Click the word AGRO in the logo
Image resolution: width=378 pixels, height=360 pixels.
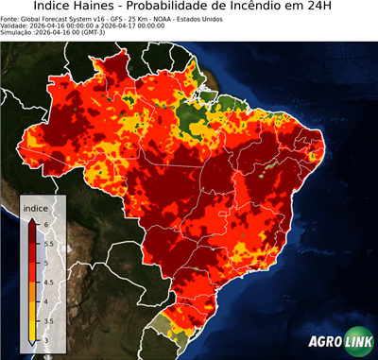(324, 341)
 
